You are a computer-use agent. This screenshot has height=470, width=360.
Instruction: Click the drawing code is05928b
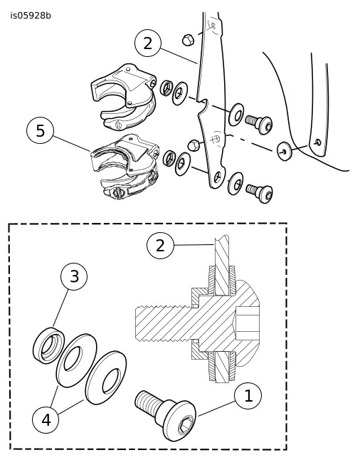31,16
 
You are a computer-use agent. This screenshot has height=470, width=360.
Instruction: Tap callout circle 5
40,131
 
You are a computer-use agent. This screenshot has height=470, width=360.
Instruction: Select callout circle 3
74,276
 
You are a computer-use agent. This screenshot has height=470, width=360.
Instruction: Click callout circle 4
46,420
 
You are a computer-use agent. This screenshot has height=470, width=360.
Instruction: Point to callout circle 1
248,396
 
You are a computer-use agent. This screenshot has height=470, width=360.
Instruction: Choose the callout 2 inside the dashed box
160,246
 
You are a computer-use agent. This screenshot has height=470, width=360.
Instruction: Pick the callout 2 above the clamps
148,43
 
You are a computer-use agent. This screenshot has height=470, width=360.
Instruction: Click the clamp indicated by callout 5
125,167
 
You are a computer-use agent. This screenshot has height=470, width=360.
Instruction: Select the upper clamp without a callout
124,96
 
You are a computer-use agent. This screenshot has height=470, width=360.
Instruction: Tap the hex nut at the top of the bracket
188,40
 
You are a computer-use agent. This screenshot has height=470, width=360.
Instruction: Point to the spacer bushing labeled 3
48,345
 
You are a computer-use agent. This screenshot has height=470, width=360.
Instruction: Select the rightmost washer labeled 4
106,377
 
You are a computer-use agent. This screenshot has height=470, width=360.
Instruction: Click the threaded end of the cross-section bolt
163,324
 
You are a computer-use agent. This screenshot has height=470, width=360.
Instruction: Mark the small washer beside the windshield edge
284,152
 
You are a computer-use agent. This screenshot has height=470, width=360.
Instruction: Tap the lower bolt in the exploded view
260,193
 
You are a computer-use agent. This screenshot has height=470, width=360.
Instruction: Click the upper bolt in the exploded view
259,124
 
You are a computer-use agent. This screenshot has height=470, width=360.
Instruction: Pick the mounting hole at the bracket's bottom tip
218,177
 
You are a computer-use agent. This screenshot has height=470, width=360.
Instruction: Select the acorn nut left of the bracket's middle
194,145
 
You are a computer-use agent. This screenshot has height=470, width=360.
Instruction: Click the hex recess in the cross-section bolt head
247,324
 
